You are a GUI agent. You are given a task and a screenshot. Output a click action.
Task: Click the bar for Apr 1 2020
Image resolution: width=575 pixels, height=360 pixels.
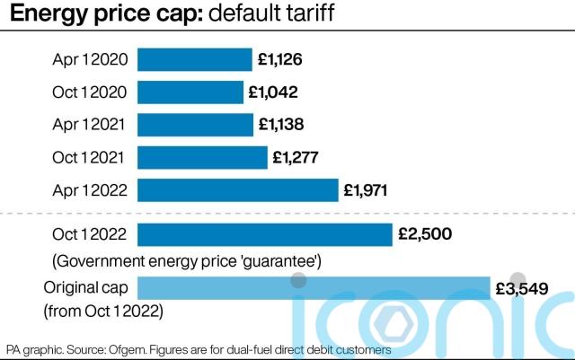point(194,60)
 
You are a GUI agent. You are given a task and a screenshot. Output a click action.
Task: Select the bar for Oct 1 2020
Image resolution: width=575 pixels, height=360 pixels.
point(190,92)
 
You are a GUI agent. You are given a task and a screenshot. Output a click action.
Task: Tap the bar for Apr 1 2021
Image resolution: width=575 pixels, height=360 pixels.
point(195,125)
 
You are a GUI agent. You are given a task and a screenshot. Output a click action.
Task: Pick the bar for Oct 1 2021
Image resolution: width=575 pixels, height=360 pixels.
point(202,157)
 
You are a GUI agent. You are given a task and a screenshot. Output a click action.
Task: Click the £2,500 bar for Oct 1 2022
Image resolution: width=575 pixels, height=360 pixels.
point(265,235)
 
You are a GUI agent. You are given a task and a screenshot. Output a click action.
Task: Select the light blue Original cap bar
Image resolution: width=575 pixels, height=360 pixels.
point(313,288)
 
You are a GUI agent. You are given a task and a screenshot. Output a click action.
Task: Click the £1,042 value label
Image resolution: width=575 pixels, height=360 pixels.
point(272,92)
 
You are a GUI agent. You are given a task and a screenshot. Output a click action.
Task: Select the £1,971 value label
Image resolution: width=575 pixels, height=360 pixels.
point(366,189)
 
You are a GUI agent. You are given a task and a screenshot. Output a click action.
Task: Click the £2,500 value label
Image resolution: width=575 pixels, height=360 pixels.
point(424,235)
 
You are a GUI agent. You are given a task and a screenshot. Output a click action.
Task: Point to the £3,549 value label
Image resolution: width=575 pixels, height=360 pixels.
point(522,288)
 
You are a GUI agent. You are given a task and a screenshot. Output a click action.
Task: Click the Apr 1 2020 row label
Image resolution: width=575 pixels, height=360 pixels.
point(90,60)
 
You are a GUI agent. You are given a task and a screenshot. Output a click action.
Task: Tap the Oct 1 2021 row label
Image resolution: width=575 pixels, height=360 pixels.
point(90,157)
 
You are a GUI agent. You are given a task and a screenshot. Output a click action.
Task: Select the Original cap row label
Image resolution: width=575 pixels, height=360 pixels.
point(86,288)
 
